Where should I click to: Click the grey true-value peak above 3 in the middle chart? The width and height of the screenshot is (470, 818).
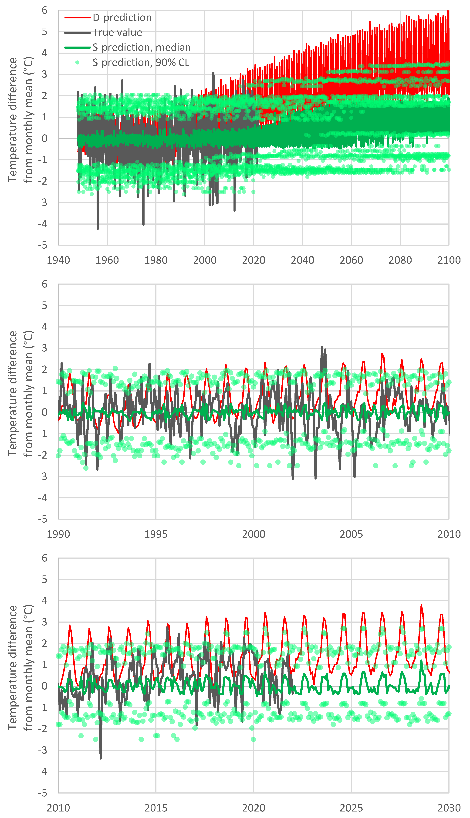[322, 347]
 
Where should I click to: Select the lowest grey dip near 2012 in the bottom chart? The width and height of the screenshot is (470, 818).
[101, 758]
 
